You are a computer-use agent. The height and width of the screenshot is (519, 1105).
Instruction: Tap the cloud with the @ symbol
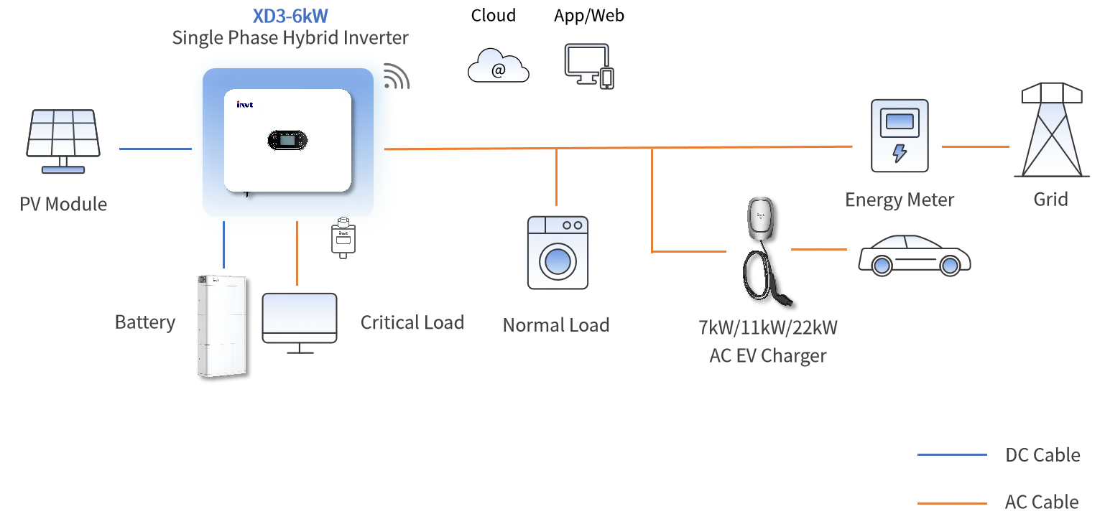[x=497, y=66]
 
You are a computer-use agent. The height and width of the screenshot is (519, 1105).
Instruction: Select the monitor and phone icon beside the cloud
[x=589, y=67]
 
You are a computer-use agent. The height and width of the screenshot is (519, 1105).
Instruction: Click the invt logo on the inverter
[x=245, y=105]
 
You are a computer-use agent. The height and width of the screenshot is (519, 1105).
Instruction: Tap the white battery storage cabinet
[x=220, y=325]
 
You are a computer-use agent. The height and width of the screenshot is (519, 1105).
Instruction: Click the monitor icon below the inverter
[x=299, y=319]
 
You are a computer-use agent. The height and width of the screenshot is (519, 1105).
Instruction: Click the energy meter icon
[x=899, y=136]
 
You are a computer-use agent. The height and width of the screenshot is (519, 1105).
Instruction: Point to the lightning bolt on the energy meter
[x=899, y=153]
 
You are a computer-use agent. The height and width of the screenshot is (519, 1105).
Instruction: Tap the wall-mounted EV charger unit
[x=762, y=217]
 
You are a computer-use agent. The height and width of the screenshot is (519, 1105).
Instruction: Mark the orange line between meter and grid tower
[x=974, y=146]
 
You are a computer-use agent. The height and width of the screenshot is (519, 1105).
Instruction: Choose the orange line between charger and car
[x=820, y=250]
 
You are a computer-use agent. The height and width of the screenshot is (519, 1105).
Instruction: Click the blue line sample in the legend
[x=951, y=456]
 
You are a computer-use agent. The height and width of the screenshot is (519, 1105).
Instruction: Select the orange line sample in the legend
[x=951, y=502]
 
